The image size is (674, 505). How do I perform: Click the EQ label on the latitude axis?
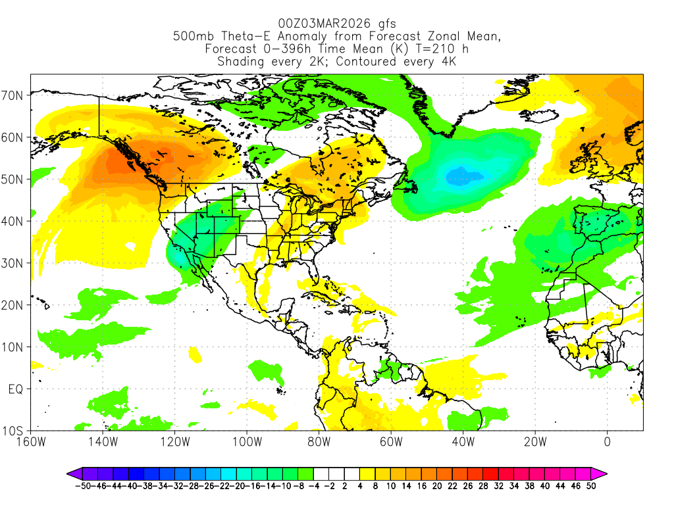[x=16, y=389]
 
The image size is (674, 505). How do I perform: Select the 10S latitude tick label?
[x=14, y=431]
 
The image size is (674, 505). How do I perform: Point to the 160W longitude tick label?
[x=32, y=441]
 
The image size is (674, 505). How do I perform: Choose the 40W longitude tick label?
[x=463, y=441]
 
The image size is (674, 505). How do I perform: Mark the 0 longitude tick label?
[x=607, y=441]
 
